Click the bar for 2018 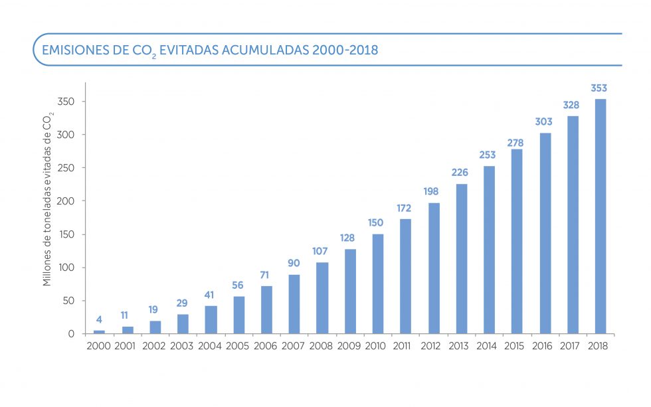[600, 216]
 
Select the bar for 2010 [377, 284]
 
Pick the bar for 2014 [489, 250]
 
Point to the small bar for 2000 [99, 331]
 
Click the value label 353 [599, 88]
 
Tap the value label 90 [294, 263]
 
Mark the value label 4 [99, 319]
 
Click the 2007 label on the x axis [294, 346]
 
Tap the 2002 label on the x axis [154, 346]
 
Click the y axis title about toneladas [47, 199]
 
